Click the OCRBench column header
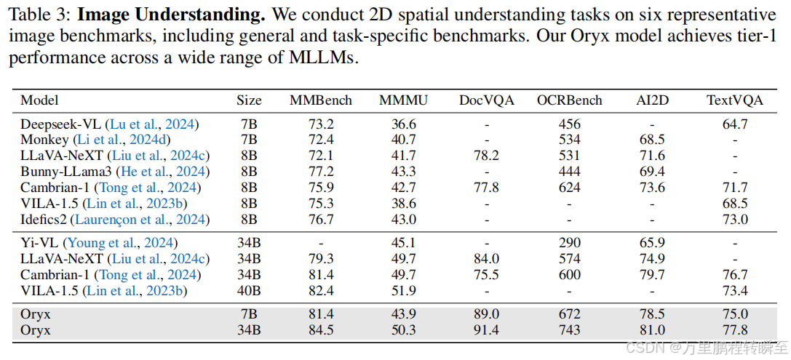tap(569, 100)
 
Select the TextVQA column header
tap(735, 100)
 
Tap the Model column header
tap(39, 100)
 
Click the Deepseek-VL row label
tap(61, 124)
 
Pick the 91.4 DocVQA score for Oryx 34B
tap(486, 329)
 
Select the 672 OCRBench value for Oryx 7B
tap(569, 314)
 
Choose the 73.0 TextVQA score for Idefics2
tap(735, 219)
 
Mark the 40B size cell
tap(249, 291)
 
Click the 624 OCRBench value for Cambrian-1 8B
tap(569, 188)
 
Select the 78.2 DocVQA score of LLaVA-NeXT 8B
tap(486, 156)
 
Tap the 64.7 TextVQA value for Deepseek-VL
tap(735, 124)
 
